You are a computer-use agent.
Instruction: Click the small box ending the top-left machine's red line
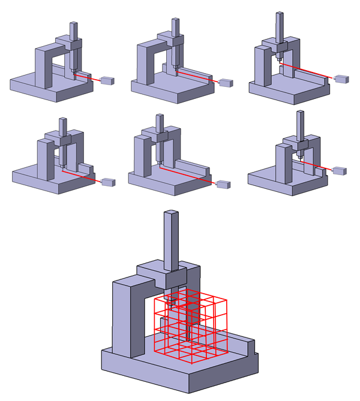tap(108, 80)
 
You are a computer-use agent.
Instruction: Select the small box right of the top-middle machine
tap(226, 83)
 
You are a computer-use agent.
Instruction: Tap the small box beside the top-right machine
tap(341, 79)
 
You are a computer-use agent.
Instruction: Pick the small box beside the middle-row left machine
tap(109, 182)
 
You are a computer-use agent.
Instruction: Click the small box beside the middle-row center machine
tap(223, 184)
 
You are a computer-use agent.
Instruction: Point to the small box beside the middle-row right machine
tap(340, 171)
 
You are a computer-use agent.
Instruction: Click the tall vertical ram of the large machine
tap(171, 240)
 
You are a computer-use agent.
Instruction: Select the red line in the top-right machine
tap(306, 70)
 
